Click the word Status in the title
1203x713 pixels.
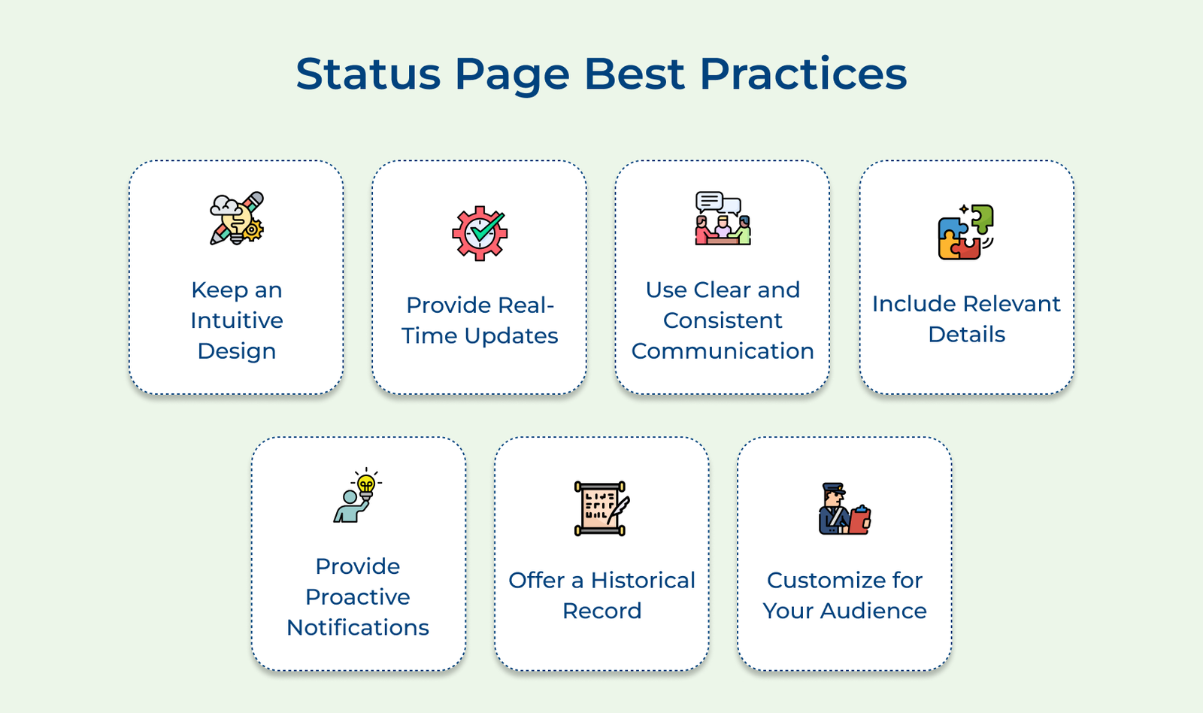(x=368, y=74)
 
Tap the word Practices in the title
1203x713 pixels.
(x=804, y=74)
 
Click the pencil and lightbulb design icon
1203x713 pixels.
(x=237, y=218)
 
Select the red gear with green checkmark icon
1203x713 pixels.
(x=480, y=233)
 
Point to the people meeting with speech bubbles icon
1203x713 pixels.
(x=723, y=218)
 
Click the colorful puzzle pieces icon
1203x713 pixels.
(x=966, y=232)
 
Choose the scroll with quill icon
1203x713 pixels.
(x=601, y=508)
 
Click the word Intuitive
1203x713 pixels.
(x=237, y=320)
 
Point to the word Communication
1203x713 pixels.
(x=723, y=350)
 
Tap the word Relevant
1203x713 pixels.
(x=1005, y=304)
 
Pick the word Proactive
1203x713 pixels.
(x=358, y=597)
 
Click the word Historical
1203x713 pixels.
(x=643, y=581)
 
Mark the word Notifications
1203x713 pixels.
(x=358, y=627)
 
